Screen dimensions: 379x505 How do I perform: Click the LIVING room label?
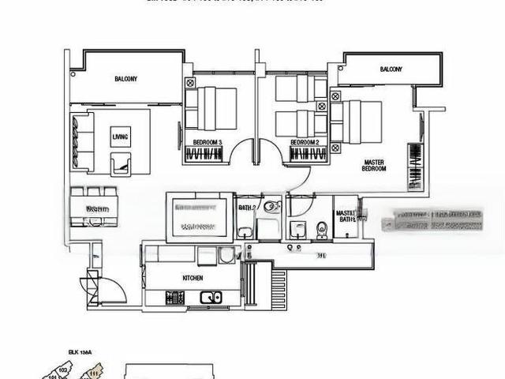pyautogui.click(x=120, y=136)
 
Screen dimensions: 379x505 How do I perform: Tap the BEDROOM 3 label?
pyautogui.click(x=208, y=143)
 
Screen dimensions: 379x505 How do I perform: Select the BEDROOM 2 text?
pyautogui.click(x=304, y=143)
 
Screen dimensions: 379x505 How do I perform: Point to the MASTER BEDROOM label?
pyautogui.click(x=373, y=165)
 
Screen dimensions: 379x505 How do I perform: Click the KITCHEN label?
pyautogui.click(x=192, y=278)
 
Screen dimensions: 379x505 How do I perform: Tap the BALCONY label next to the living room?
pyautogui.click(x=125, y=79)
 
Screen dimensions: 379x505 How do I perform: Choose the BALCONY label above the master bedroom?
pyautogui.click(x=391, y=69)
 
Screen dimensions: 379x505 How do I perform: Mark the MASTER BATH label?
pyautogui.click(x=346, y=216)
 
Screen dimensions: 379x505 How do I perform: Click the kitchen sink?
pyautogui.click(x=211, y=298)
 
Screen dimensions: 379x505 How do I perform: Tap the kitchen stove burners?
pyautogui.click(x=175, y=298)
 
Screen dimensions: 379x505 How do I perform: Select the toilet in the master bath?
pyautogui.click(x=320, y=229)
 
